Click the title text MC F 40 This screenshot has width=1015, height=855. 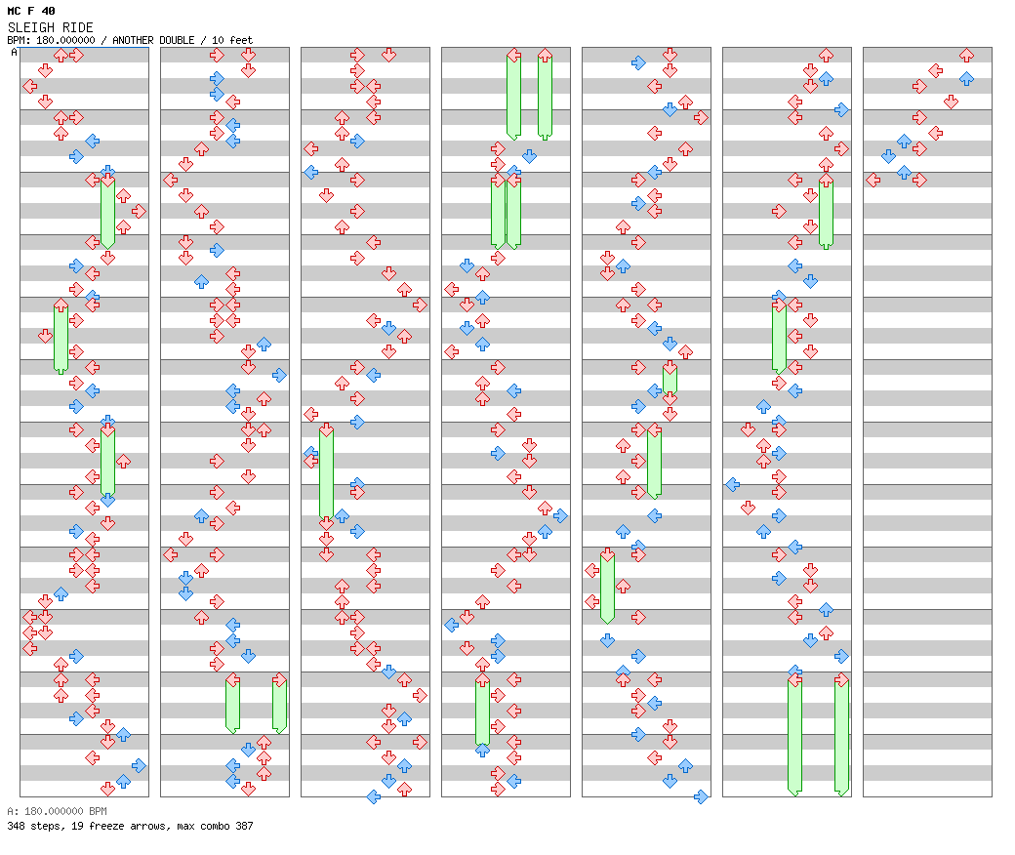pos(31,11)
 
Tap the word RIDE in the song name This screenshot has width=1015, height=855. pos(76,27)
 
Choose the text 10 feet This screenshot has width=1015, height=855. pos(231,40)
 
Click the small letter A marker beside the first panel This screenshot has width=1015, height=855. pos(14,53)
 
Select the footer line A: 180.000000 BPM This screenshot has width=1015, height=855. pos(56,811)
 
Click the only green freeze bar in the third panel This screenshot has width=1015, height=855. pos(326,474)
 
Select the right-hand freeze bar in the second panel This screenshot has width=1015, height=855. pos(279,703)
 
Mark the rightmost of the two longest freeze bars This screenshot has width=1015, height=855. pos(841,735)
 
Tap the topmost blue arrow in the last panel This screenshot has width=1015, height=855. pos(966,78)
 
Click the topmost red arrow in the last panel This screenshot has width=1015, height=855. pos(966,56)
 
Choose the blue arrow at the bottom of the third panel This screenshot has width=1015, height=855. pos(373,796)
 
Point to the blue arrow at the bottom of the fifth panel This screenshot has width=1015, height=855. pos(701,796)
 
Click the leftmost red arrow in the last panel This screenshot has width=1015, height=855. pos(873,180)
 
